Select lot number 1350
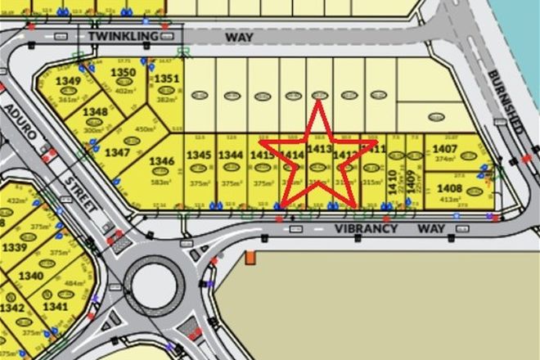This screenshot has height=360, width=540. click(x=123, y=73)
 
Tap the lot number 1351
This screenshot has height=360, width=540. click(x=166, y=79)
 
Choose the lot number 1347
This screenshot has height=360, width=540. click(x=117, y=152)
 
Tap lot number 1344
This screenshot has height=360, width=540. click(x=231, y=154)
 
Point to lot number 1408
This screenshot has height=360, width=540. click(x=450, y=188)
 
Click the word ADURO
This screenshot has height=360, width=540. click(x=17, y=123)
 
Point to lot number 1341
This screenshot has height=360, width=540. click(x=56, y=307)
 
